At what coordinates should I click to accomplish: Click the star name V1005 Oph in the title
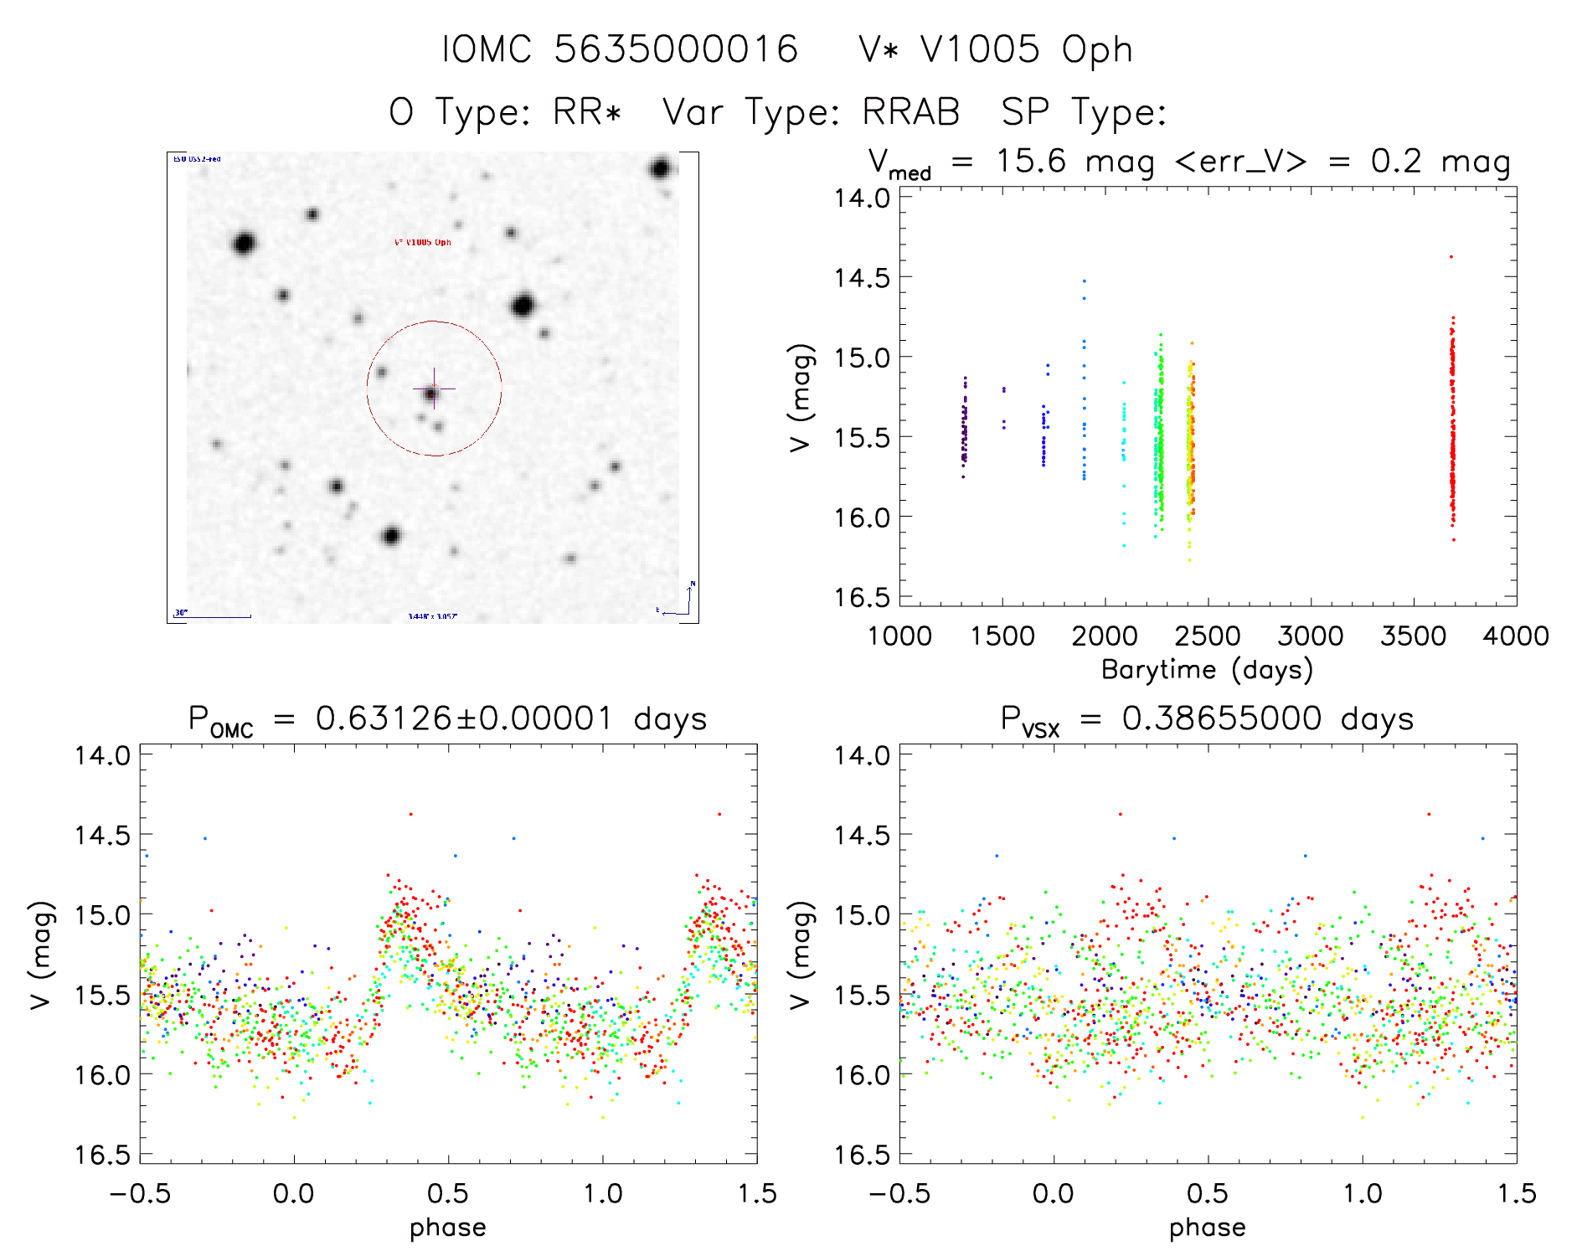tap(996, 49)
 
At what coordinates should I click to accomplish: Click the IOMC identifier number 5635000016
tap(676, 49)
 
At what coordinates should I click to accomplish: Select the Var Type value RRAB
tap(911, 112)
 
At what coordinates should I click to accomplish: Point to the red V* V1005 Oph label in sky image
tap(423, 243)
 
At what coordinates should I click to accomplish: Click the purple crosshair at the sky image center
tap(434, 389)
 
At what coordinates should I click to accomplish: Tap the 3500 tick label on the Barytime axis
tap(1413, 636)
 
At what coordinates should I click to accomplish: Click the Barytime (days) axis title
tap(1207, 670)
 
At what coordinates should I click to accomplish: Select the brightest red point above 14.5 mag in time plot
tap(1451, 257)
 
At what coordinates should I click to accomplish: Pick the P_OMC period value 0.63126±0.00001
tap(465, 719)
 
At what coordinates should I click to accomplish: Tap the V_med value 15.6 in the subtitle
tap(1031, 161)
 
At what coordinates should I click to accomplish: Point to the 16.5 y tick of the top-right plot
tap(862, 597)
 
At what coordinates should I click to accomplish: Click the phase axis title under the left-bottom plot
tap(447, 1228)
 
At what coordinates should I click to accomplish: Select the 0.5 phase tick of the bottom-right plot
tap(1208, 1194)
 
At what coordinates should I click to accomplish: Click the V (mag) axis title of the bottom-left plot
tap(41, 955)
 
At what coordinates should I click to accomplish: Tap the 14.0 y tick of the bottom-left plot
tap(102, 755)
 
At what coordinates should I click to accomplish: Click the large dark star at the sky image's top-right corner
tap(660, 169)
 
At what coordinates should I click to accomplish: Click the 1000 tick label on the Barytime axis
tap(899, 636)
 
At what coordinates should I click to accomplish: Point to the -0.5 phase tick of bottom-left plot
tap(140, 1194)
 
